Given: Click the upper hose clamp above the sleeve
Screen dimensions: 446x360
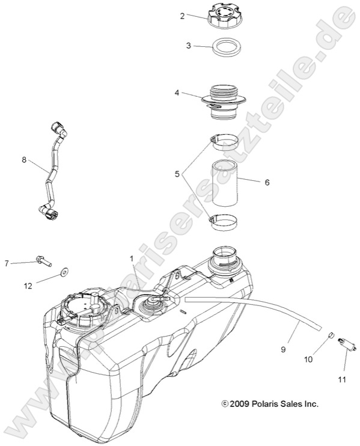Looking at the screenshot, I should click(x=224, y=143).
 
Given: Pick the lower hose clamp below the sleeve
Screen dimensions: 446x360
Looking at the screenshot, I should click(x=223, y=222).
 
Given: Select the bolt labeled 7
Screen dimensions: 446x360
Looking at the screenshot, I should click(x=43, y=261).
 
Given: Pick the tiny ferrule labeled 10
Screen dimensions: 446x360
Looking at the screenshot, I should click(x=331, y=335).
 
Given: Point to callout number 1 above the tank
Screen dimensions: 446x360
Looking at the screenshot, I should click(x=130, y=258).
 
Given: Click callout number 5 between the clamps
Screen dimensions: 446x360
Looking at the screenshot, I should click(x=177, y=174).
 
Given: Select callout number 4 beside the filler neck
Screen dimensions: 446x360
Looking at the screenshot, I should click(x=177, y=93).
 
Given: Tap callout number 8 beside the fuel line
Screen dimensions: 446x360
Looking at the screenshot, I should click(x=24, y=159).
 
